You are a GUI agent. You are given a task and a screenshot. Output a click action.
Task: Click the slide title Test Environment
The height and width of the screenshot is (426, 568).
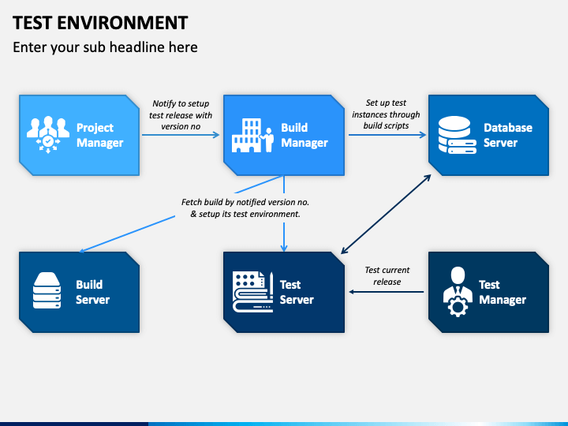click(100, 22)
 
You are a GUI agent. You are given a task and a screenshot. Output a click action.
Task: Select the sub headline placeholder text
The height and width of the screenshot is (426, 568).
click(105, 47)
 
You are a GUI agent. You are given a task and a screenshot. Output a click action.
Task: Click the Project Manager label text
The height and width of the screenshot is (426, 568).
click(99, 135)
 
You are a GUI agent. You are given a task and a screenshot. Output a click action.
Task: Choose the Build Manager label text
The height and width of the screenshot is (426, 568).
click(305, 135)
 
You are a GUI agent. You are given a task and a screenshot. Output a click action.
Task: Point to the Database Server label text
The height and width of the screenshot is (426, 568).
click(507, 135)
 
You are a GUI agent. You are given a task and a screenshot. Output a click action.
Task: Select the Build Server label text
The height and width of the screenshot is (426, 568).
click(92, 292)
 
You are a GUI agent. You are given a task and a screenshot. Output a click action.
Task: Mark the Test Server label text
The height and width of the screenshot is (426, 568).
click(297, 292)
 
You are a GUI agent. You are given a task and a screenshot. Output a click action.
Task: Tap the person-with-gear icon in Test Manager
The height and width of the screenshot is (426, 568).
click(457, 291)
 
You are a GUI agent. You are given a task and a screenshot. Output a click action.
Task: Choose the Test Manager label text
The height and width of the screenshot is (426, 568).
click(502, 292)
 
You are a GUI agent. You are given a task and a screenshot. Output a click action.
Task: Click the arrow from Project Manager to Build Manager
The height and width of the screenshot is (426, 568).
click(181, 135)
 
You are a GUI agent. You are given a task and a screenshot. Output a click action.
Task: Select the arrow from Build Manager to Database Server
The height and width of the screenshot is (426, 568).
click(387, 135)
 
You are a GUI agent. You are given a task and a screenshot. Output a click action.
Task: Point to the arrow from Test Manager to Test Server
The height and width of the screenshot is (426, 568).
click(387, 292)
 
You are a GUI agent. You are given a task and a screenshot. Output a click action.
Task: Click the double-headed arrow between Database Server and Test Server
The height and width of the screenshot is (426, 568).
click(387, 214)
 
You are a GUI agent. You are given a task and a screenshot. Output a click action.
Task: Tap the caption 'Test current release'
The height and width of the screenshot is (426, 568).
click(387, 275)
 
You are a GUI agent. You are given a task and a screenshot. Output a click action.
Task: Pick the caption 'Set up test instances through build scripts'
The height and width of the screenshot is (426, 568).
click(387, 114)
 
